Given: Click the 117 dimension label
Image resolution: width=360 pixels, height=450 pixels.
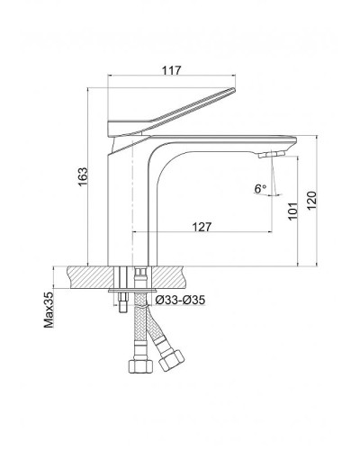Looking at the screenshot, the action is pos(172,70).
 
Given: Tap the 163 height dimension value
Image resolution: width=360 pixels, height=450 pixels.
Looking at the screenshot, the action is pos(83,176).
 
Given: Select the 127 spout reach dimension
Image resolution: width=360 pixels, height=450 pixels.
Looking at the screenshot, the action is pos(202,227).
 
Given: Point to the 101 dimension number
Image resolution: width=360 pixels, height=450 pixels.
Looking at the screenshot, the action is pos(293,211).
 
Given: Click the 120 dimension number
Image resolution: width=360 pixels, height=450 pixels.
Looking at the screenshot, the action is pos(311,201).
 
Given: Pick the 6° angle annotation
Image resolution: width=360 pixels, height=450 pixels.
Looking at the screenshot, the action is pos(260,189).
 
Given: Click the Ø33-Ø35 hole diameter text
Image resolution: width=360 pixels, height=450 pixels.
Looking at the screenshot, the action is pos(180,300).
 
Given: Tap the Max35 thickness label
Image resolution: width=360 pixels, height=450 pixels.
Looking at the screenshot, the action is pos(49,310).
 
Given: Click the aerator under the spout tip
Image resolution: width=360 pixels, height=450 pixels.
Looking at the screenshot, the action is pos(272,155).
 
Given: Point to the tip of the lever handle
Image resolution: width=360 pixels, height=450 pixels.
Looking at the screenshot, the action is pos(233,89).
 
